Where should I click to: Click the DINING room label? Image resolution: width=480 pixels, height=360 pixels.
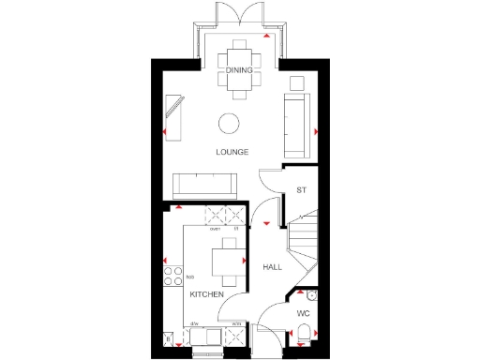pyautogui.click(x=239, y=70)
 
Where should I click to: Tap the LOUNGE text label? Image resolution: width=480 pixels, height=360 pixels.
pyautogui.click(x=232, y=152)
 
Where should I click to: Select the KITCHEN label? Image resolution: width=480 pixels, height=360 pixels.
pyautogui.click(x=206, y=294)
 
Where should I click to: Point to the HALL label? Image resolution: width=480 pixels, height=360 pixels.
pyautogui.click(x=272, y=267)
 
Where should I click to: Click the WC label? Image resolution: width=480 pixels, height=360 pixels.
pyautogui.click(x=303, y=313)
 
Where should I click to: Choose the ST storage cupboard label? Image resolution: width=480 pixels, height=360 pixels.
pyautogui.click(x=301, y=190)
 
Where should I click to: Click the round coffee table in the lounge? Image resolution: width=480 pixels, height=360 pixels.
pyautogui.click(x=229, y=123)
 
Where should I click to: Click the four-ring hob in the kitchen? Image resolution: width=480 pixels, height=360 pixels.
pyautogui.click(x=173, y=276)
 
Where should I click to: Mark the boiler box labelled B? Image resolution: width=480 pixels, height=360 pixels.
pyautogui.click(x=169, y=339)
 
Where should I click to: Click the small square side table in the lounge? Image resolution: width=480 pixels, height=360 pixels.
pyautogui.click(x=297, y=82)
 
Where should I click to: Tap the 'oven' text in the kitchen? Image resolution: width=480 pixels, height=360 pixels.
pyautogui.click(x=215, y=229)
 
